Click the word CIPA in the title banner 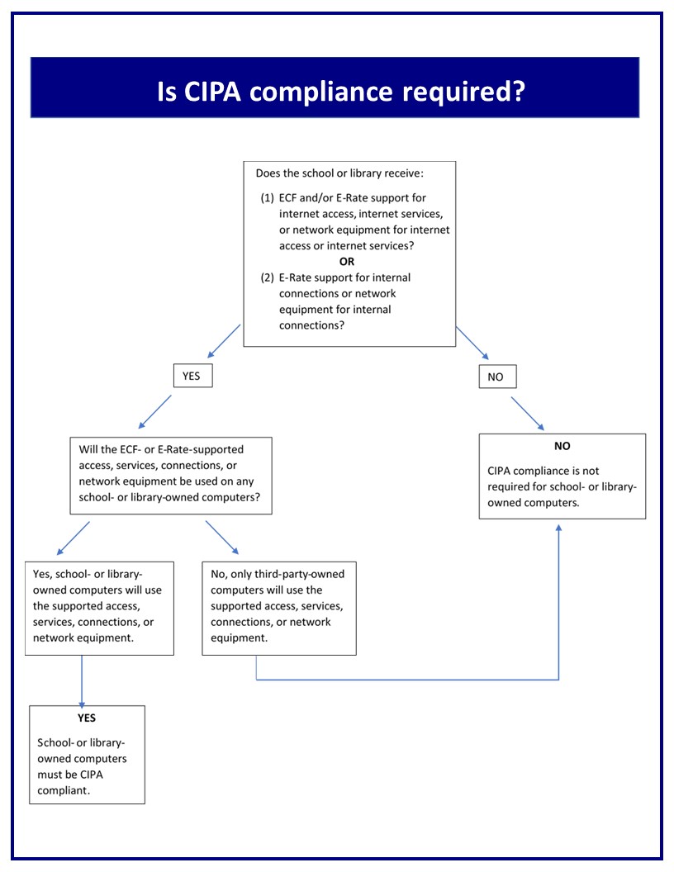pos(212,92)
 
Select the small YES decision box pos(193,376)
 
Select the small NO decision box pos(498,377)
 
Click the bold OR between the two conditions pos(347,262)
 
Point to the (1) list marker pos(268,198)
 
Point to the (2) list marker pos(268,277)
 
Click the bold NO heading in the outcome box pos(562,446)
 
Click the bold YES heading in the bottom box pos(87,718)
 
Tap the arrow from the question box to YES pos(224,341)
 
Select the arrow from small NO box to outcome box pos(527,413)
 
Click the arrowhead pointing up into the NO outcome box pos(559,528)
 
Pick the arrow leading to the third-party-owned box pos(222,538)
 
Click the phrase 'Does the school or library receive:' pos(339,173)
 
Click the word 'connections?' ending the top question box pos(311,325)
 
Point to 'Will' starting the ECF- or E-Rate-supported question pos(88,449)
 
